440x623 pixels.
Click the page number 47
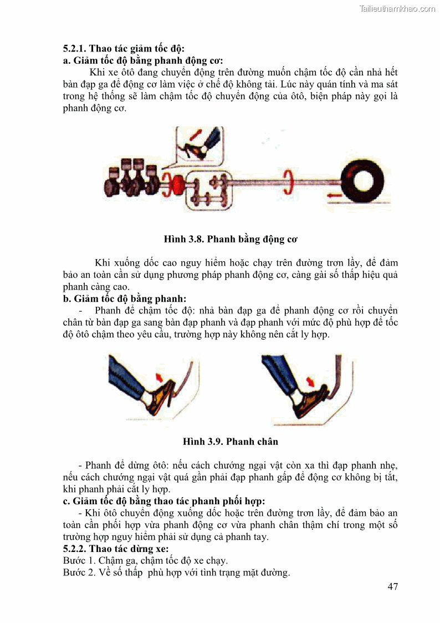tap(392, 586)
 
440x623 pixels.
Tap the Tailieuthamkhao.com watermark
tap(397, 9)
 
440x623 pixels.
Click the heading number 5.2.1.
tap(75, 48)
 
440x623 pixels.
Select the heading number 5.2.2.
tap(75, 548)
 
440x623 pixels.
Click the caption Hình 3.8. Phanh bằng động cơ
tap(231, 239)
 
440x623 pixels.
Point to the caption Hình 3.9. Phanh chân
tap(231, 442)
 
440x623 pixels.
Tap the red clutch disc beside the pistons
tap(178, 184)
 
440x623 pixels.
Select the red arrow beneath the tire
tap(335, 195)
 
